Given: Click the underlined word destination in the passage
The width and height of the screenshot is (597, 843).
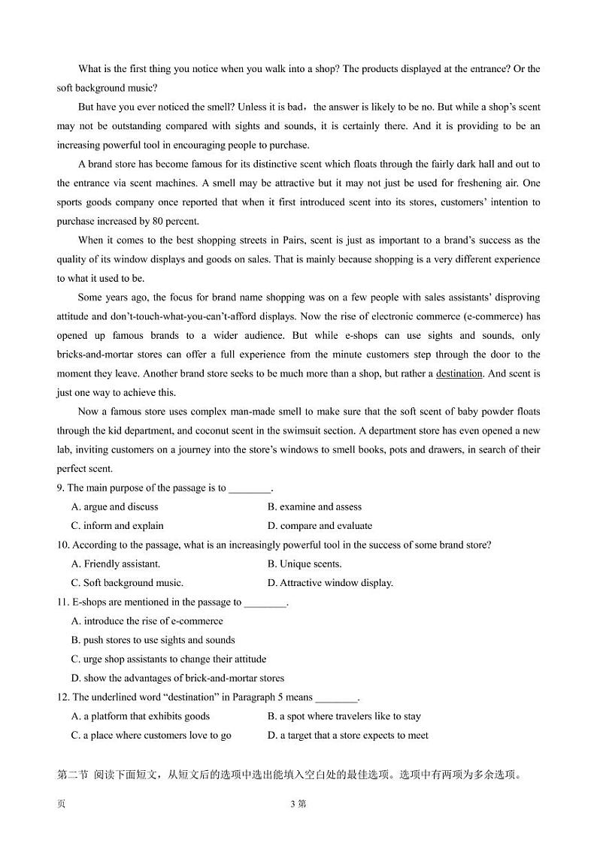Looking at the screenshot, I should pyautogui.click(x=459, y=373).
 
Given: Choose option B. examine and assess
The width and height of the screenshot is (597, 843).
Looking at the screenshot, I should pyautogui.click(x=314, y=507).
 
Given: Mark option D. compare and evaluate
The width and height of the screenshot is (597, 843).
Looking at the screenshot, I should pyautogui.click(x=320, y=526).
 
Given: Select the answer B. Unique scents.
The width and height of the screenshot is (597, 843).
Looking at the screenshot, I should pyautogui.click(x=304, y=564).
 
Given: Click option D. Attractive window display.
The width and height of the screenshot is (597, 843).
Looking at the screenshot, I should pyautogui.click(x=330, y=583).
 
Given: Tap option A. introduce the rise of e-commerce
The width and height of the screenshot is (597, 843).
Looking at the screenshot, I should pyautogui.click(x=147, y=621).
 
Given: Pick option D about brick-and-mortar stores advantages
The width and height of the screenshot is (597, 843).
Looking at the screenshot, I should pyautogui.click(x=177, y=678).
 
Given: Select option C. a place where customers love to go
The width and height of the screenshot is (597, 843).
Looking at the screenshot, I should pyautogui.click(x=151, y=736).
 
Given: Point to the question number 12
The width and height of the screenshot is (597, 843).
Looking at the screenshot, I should pyautogui.click(x=62, y=697).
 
